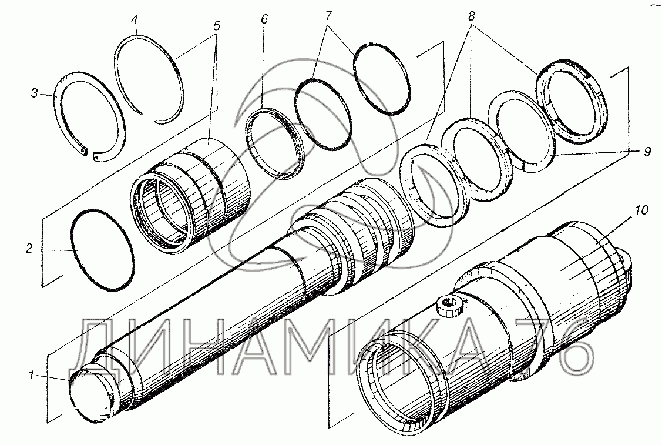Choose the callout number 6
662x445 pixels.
point(264,19)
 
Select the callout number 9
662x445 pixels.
point(647,152)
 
